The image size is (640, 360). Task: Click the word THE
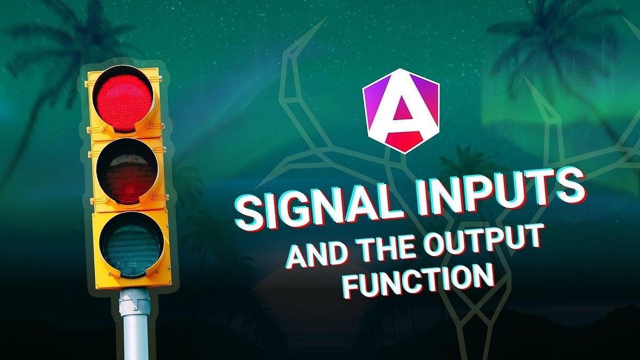[391, 246]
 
